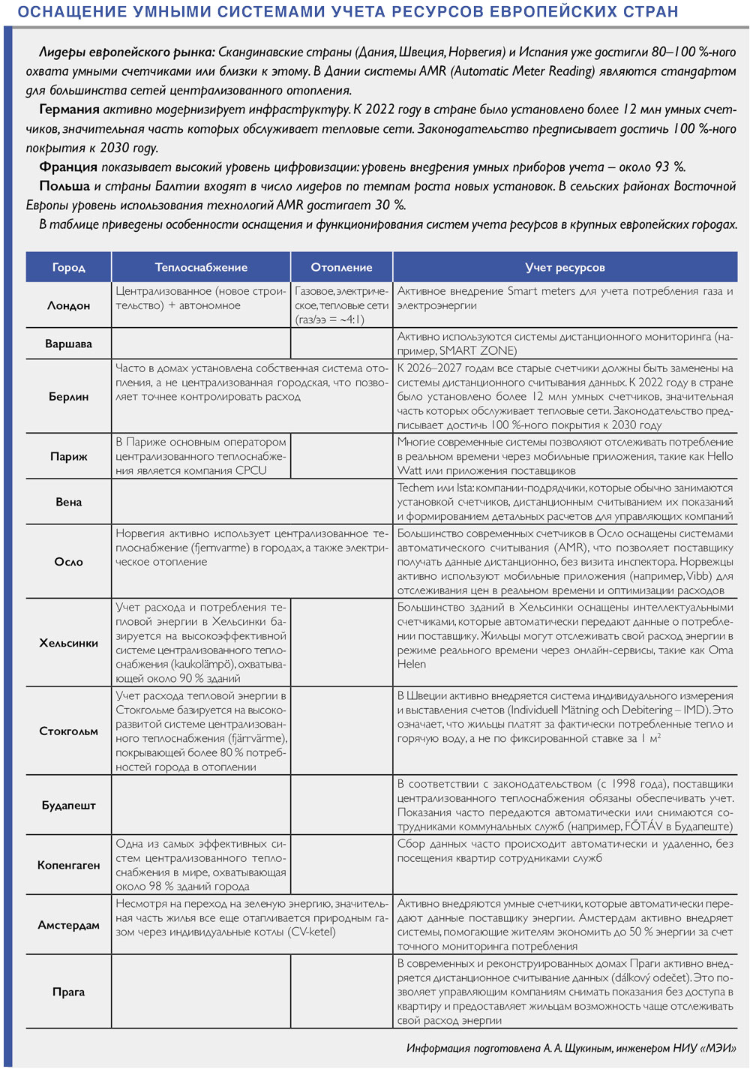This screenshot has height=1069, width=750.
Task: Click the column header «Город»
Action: (x=68, y=267)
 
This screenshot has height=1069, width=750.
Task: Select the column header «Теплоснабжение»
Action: (x=201, y=267)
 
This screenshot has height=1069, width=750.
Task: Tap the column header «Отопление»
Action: (x=341, y=267)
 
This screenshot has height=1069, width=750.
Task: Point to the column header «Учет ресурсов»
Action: (x=565, y=267)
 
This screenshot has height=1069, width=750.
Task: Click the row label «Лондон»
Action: (x=68, y=305)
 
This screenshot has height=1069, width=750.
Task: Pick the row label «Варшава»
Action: (x=68, y=344)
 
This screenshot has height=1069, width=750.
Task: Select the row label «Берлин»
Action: (x=68, y=396)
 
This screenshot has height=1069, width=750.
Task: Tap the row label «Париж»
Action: (x=68, y=456)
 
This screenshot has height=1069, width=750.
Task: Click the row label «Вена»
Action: (x=68, y=502)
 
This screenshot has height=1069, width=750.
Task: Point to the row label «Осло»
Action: (x=68, y=561)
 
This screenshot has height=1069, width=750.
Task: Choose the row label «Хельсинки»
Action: (x=68, y=643)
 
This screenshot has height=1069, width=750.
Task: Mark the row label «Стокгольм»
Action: (x=68, y=731)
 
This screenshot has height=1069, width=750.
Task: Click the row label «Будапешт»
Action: (x=68, y=805)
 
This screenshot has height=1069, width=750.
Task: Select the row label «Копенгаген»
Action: (x=68, y=865)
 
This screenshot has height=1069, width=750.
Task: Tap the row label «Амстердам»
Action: (x=68, y=925)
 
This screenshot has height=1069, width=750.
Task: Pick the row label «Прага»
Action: (x=68, y=992)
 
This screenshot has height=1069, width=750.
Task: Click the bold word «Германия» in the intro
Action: (x=69, y=110)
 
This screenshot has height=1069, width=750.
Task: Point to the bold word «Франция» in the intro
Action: (x=67, y=167)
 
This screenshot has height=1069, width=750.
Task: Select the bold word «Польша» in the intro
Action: (x=64, y=186)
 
